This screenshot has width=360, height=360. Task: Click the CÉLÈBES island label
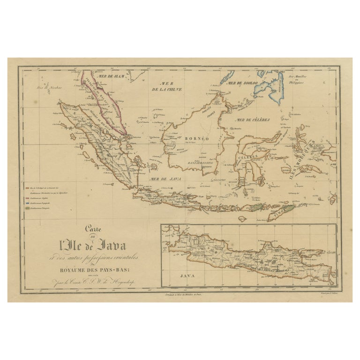pyautogui.click(x=251, y=156)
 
